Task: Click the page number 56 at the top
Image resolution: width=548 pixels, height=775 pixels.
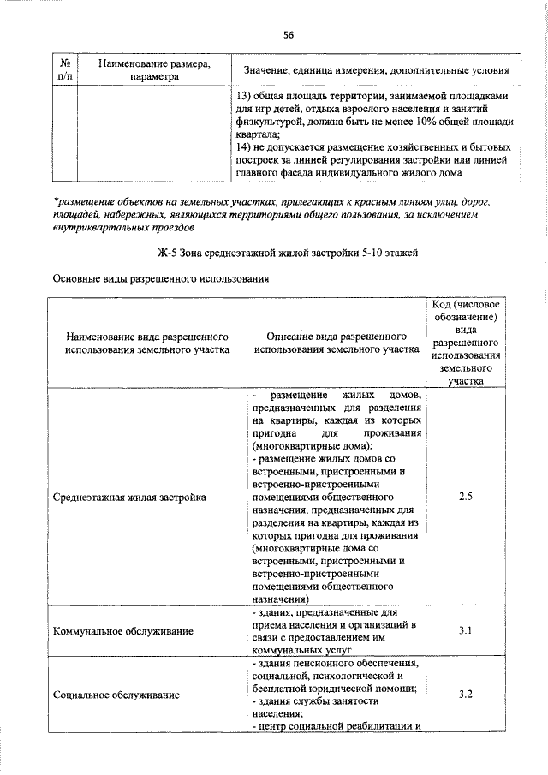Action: coord(289,34)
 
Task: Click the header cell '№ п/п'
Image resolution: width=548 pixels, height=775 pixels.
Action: coord(64,69)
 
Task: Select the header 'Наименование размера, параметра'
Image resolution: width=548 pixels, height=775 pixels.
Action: coord(155,69)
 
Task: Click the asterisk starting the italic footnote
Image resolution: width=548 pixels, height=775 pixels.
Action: coord(55,200)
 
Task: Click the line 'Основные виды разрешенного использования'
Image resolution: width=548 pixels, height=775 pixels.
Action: coord(161,279)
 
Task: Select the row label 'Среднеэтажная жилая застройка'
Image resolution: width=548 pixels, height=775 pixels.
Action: coord(129,497)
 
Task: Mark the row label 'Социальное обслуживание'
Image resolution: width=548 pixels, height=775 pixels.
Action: coord(116,694)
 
